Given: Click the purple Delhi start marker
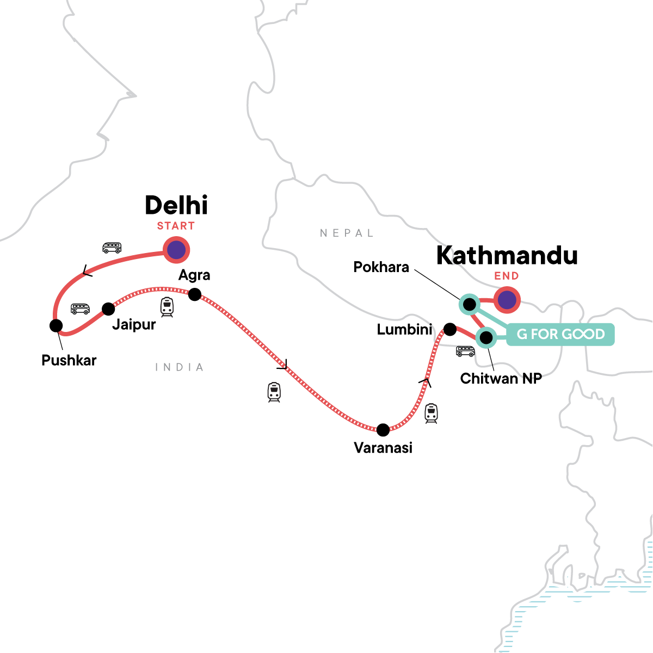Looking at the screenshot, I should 176,250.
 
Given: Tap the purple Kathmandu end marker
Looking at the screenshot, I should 507,300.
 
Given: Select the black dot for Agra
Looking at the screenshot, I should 194,294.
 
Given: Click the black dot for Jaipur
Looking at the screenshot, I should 108,309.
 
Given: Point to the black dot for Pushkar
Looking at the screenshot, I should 56,325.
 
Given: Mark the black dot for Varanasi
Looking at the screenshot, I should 383,430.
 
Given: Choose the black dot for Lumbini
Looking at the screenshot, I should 450,329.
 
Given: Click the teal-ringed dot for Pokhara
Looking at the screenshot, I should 469,304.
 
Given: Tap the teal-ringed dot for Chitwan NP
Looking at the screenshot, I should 486,338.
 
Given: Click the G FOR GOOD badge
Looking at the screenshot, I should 560,334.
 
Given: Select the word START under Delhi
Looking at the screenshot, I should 176,226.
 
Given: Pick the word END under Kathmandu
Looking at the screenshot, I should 507,276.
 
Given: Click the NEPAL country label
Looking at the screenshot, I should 347,233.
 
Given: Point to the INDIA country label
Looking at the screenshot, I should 180,367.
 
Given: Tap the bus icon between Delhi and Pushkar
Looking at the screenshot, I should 112,248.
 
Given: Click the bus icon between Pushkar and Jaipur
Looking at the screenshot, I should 80,309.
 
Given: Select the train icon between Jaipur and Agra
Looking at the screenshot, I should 167,307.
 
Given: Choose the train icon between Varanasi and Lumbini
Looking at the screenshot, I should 431,413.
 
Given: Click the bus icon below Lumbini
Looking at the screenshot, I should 465,352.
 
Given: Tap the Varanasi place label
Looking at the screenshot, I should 383,448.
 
